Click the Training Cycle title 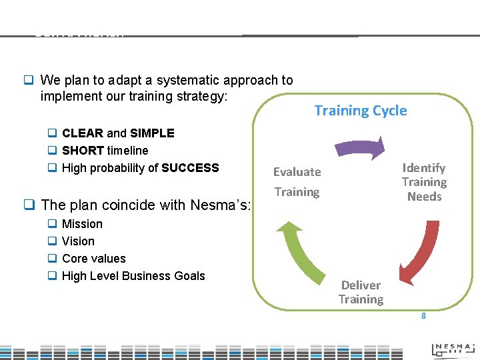[x=360, y=111]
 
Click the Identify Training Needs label [x=424, y=182]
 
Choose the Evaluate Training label [x=297, y=182]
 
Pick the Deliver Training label [x=361, y=293]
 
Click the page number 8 [x=423, y=316]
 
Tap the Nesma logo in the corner [x=453, y=348]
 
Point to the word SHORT [x=83, y=151]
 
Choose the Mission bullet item [x=82, y=224]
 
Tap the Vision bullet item [x=78, y=241]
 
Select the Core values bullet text [x=93, y=259]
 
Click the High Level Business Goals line [x=133, y=276]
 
